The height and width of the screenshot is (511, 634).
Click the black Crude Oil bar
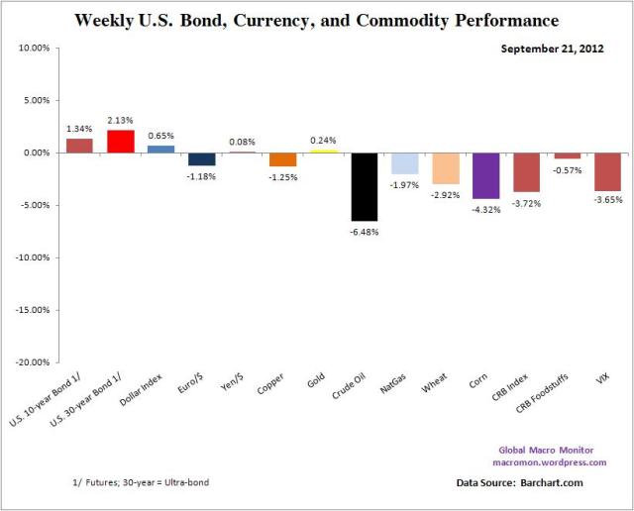pos(364,186)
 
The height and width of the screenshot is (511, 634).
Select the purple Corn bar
pos(485,175)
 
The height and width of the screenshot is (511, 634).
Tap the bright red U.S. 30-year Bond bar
pos(120,142)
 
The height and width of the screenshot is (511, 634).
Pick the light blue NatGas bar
pos(404,163)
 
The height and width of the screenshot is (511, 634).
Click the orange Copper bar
pos(282,159)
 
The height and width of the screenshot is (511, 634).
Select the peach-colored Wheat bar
pos(445,168)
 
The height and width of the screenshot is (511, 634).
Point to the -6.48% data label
pos(364,232)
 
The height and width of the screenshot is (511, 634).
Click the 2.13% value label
pos(120,121)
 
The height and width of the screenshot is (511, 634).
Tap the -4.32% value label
pos(485,209)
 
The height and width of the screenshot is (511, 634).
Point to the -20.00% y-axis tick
pos(34,362)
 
